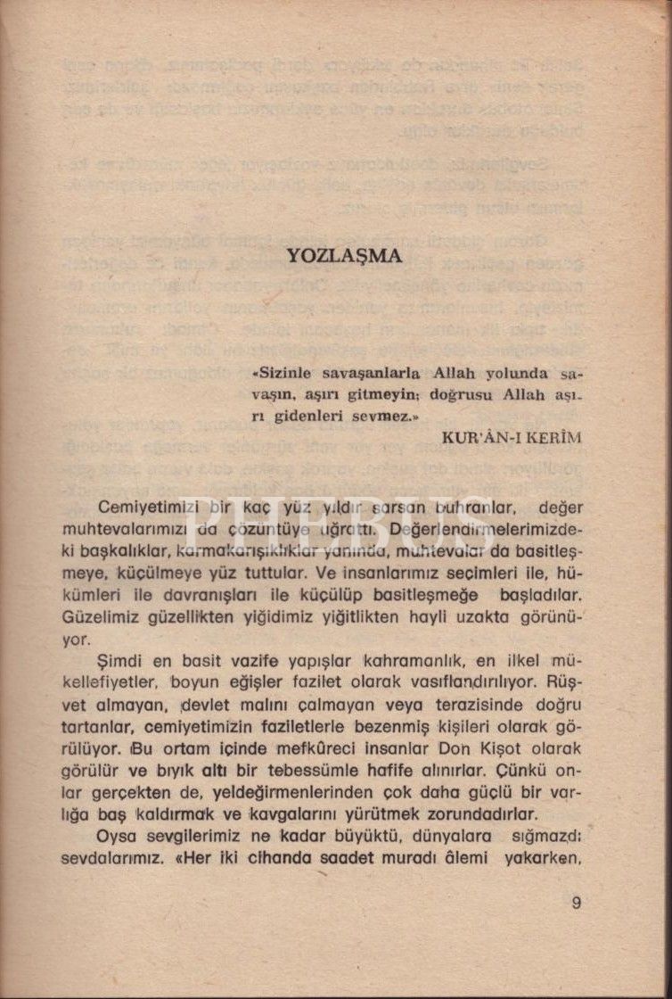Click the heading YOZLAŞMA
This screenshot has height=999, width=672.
(344, 256)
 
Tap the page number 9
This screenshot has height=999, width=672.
(577, 902)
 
